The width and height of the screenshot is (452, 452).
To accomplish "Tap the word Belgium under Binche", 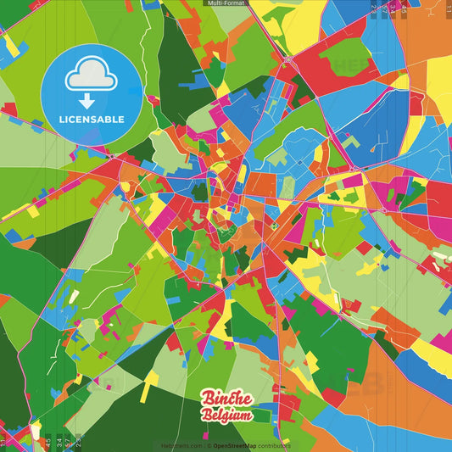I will tap(226, 416).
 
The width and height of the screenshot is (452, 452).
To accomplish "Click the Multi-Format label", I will tap(226, 3).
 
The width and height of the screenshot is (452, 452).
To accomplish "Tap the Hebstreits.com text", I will tap(181, 445).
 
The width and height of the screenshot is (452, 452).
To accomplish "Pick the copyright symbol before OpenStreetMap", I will tap(209, 445).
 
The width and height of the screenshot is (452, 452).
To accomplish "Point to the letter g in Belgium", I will tap(226, 417).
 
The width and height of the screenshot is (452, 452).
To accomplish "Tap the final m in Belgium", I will tap(245, 416).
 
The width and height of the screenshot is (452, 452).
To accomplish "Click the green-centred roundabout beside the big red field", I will tap(288, 60).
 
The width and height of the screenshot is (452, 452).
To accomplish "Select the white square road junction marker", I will tap(383, 209).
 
